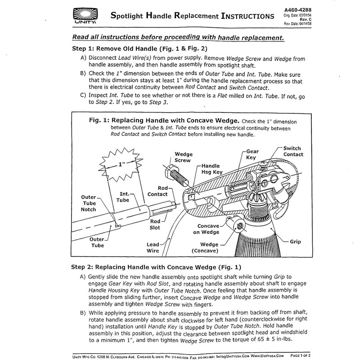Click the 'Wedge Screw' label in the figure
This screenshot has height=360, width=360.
[x=183, y=157]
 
